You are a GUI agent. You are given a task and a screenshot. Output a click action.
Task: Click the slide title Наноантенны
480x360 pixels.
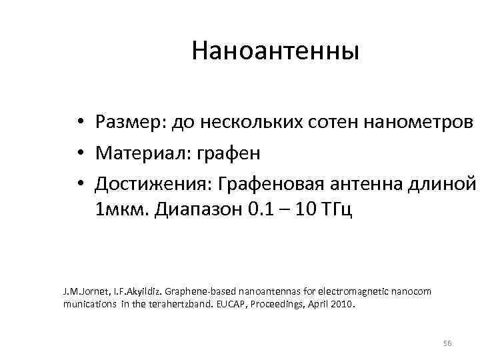pos(275,51)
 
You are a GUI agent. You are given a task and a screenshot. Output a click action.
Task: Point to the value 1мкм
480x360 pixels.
pos(122,212)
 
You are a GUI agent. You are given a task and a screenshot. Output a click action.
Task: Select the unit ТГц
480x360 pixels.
pos(337,212)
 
